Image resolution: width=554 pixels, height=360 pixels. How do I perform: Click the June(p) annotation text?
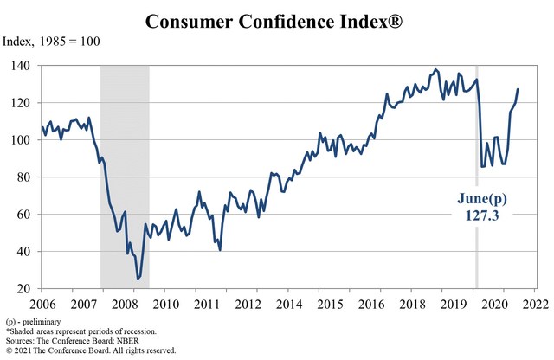click(482, 198)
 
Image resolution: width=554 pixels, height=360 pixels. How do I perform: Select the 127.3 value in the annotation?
click(482, 214)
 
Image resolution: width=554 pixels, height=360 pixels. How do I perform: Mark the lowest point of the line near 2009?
click(138, 279)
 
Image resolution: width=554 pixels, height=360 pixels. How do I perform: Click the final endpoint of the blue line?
click(518, 89)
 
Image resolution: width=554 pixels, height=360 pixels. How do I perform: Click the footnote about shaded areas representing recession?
click(81, 331)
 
